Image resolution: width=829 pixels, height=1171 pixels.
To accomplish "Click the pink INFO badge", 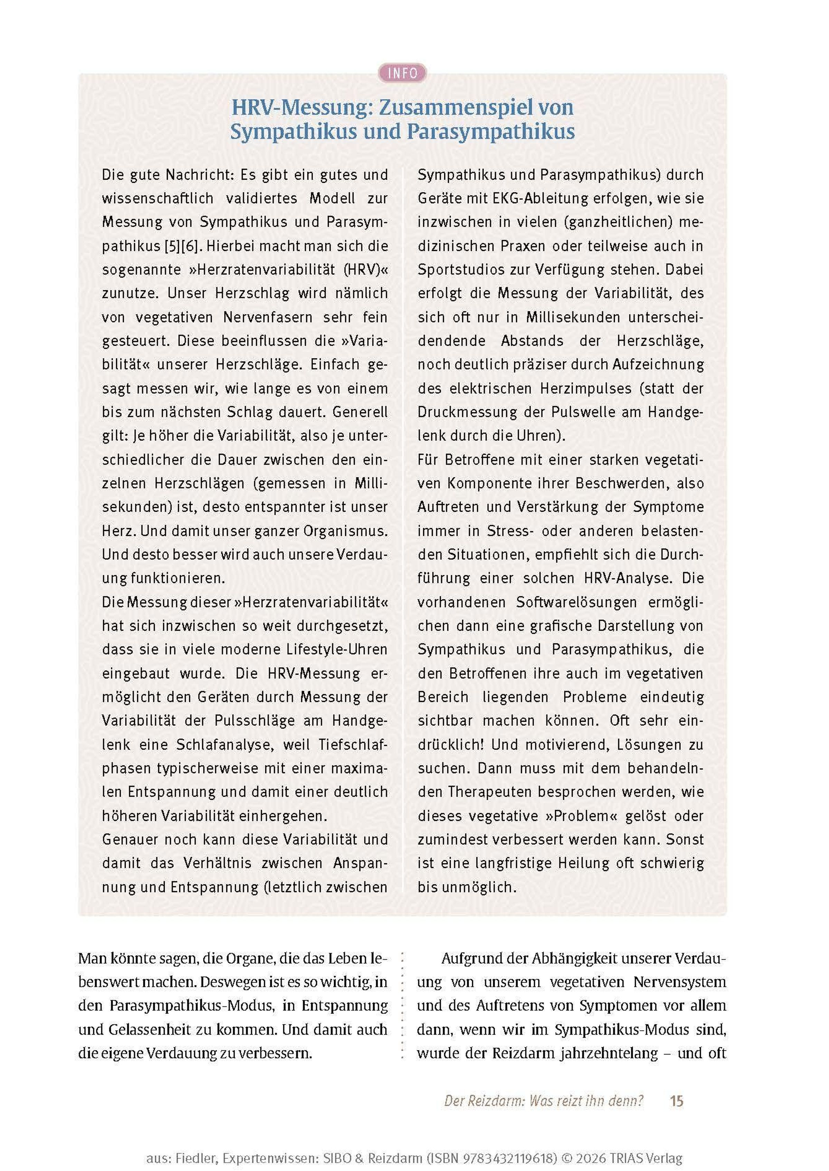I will (402, 74).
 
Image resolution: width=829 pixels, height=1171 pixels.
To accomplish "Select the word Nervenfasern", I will (267, 317).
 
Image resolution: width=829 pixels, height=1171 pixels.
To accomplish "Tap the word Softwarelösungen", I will (576, 602).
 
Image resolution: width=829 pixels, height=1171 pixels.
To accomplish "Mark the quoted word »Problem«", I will (585, 816).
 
